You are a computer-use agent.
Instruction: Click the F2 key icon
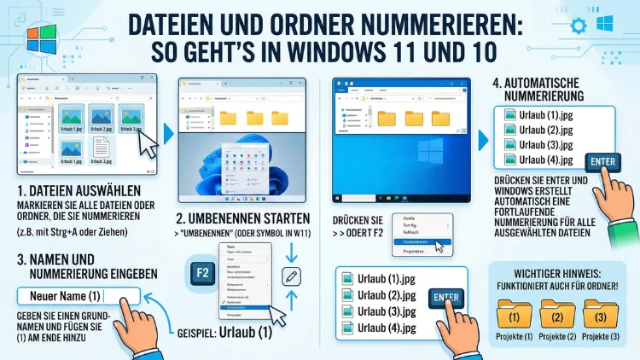pyautogui.click(x=203, y=275)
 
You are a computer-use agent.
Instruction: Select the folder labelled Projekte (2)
pyautogui.click(x=556, y=316)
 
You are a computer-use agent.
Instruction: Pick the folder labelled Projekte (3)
pyautogui.click(x=601, y=316)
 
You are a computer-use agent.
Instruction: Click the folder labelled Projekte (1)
pyautogui.click(x=513, y=316)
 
